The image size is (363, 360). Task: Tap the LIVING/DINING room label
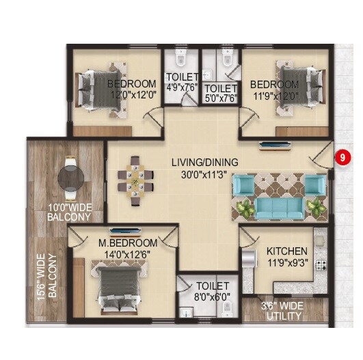[204, 163]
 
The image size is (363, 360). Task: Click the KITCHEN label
[286, 251]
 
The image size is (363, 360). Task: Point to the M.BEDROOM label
[128, 243]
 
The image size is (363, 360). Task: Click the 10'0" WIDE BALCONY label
[69, 212]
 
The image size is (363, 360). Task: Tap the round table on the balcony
[71, 177]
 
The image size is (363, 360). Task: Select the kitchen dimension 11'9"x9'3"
[286, 262]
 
